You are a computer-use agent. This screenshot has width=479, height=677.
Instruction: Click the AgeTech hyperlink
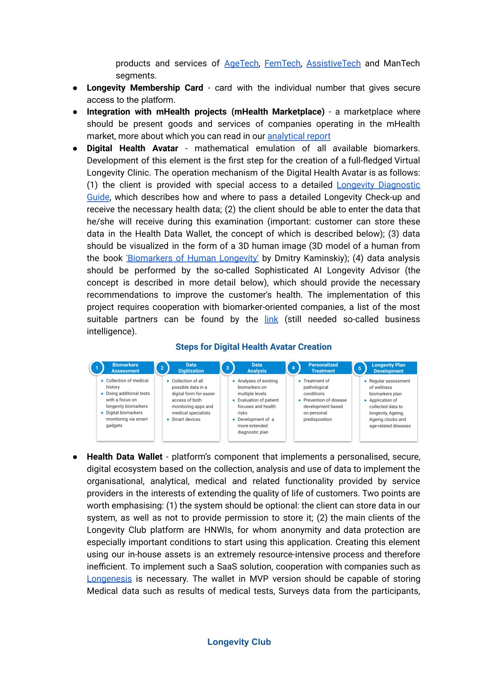click(241, 64)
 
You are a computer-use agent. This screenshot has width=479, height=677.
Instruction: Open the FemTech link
click(282, 64)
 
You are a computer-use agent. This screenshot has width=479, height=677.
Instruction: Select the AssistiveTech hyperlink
click(333, 64)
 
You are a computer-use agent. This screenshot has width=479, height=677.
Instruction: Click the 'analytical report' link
click(299, 136)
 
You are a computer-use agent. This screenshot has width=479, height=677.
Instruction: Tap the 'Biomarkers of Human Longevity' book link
click(192, 258)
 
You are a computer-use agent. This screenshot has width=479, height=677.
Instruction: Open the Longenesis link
click(109, 579)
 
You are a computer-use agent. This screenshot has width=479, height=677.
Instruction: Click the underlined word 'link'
click(271, 319)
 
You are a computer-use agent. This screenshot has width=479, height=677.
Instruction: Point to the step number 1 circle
click(97, 368)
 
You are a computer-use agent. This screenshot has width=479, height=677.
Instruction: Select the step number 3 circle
click(228, 368)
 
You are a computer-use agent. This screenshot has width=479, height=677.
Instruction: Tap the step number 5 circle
click(360, 368)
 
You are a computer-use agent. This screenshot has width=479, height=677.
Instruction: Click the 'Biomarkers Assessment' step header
click(125, 368)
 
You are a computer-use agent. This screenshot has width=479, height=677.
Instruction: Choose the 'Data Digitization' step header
click(191, 368)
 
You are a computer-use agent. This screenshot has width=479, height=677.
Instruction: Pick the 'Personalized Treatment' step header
click(323, 368)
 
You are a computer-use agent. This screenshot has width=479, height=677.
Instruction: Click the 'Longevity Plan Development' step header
click(388, 368)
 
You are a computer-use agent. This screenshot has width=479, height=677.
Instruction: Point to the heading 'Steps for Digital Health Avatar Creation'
click(254, 347)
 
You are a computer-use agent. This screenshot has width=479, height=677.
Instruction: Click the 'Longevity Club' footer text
click(239, 642)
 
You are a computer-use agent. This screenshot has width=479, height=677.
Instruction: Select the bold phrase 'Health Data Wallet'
click(125, 457)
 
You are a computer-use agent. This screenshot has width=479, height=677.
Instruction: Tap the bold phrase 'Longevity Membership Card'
click(145, 88)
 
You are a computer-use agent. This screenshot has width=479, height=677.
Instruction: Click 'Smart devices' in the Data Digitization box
click(186, 419)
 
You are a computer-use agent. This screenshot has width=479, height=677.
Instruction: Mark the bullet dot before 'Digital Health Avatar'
click(75, 149)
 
